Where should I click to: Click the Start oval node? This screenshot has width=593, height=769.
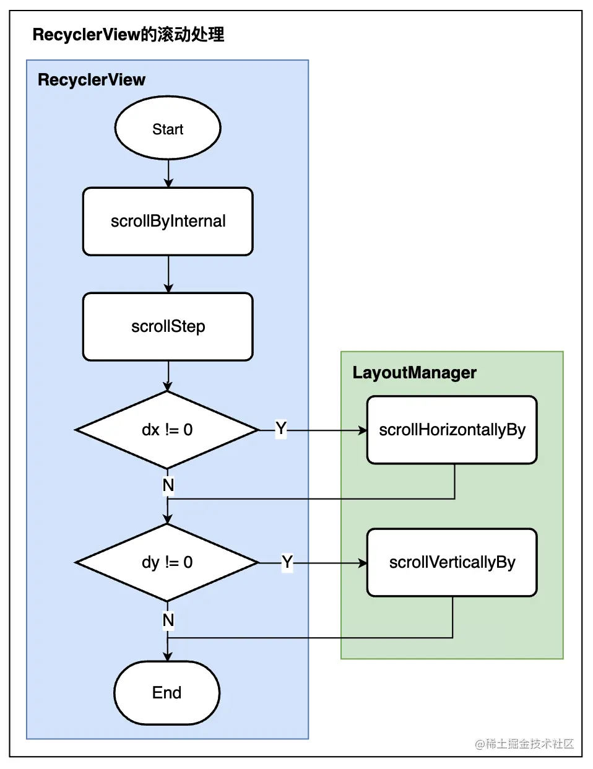(x=168, y=128)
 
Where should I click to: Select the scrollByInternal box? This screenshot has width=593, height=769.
(x=168, y=221)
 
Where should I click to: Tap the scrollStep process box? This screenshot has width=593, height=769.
(x=168, y=326)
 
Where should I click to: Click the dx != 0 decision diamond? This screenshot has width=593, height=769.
(x=167, y=430)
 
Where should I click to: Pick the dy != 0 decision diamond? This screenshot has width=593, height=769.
(x=167, y=562)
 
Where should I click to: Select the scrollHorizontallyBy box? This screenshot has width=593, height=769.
(x=452, y=430)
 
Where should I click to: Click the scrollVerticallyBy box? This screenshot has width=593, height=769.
(x=452, y=562)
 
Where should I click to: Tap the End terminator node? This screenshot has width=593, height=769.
(x=167, y=693)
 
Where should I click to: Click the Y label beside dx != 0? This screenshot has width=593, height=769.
(x=281, y=428)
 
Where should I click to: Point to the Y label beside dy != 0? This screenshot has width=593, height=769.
(x=287, y=562)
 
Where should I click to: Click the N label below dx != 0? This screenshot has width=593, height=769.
(x=168, y=485)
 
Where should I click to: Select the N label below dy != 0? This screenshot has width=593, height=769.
(x=168, y=620)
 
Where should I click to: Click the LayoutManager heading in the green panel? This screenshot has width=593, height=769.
(x=414, y=373)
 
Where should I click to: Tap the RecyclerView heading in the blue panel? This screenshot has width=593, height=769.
(x=91, y=80)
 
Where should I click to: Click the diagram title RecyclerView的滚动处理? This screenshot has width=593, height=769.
(x=128, y=35)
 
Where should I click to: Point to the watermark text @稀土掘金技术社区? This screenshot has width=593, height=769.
(x=524, y=744)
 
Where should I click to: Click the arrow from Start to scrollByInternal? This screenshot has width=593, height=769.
(x=168, y=173)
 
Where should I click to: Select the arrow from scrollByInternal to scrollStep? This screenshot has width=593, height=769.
(x=168, y=274)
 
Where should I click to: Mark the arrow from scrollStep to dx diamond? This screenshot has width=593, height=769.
(x=168, y=376)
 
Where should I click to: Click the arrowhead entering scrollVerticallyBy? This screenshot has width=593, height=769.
(x=363, y=563)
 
